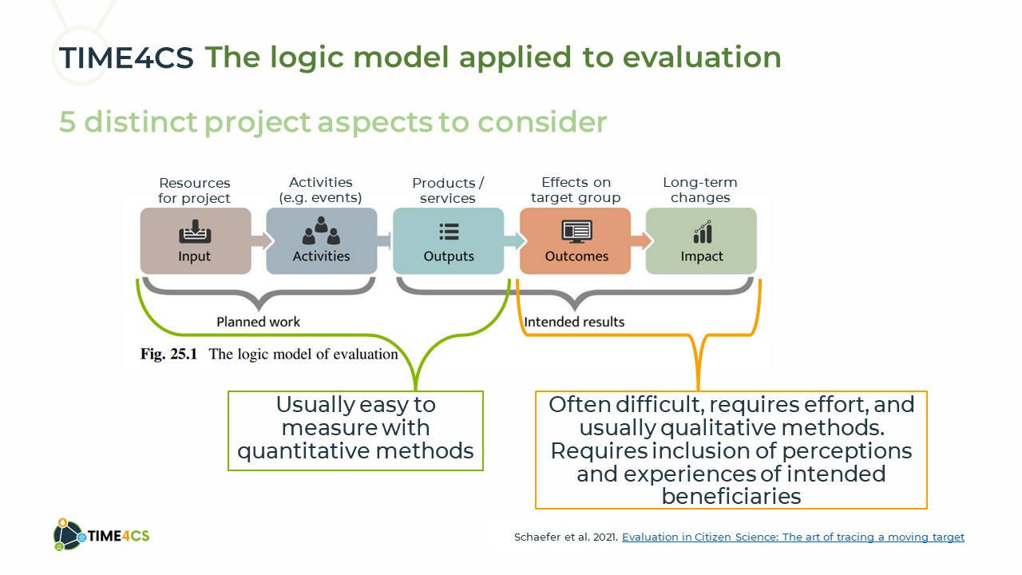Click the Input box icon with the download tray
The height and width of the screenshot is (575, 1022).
point(195,232)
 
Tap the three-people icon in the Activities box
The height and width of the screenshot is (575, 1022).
point(321,231)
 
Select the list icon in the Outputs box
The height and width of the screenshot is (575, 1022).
point(449,232)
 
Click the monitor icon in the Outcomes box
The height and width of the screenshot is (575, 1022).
point(576,232)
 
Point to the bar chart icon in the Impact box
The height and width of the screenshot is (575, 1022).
point(703,232)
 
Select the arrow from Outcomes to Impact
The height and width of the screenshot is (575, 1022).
point(641,241)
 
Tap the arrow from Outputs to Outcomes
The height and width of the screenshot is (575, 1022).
point(515,241)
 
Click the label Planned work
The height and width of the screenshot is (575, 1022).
point(258,322)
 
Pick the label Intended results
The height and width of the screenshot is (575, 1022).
point(574,322)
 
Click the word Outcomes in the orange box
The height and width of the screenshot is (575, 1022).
point(576,256)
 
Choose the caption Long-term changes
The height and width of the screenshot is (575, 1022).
point(700,190)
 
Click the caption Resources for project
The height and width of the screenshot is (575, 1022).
point(194,191)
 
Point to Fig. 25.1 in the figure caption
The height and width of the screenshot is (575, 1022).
point(168,354)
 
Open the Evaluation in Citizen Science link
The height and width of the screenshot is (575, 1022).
point(793,537)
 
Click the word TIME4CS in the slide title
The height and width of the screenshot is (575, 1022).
point(126,58)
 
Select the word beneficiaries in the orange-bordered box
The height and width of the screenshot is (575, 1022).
point(731,496)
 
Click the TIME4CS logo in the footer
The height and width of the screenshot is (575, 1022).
point(101,535)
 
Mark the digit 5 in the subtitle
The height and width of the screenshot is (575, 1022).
point(67,122)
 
